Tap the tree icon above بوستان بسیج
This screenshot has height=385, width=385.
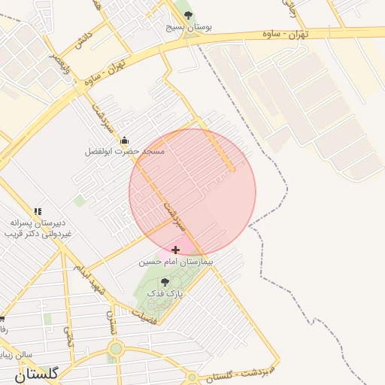click(188, 14)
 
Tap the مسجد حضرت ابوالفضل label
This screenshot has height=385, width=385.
click(124, 151)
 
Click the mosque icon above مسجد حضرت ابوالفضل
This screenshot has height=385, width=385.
click(124, 140)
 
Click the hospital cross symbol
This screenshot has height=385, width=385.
click(176, 250)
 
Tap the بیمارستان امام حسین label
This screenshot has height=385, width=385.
click(176, 262)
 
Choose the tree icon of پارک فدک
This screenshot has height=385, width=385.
click(165, 282)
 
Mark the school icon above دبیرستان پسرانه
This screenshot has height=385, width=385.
click(38, 211)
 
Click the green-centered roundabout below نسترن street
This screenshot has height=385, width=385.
click(115, 348)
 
